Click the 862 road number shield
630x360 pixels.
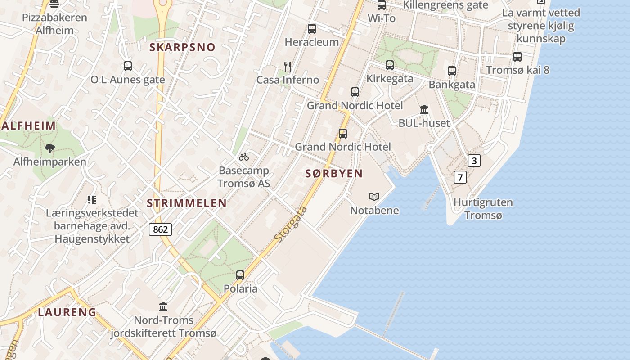[x=160, y=229]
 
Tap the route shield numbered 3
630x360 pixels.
[x=474, y=161]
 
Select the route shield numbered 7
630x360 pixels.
[x=459, y=177]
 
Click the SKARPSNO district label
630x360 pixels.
[x=182, y=47]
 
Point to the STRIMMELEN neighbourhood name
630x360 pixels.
[x=187, y=203]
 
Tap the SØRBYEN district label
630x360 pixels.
[x=334, y=174]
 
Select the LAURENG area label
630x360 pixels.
[x=67, y=312]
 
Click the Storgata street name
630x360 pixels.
[x=291, y=224]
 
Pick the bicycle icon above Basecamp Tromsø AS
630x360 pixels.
[x=244, y=157]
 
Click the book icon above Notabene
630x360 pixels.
[x=374, y=197]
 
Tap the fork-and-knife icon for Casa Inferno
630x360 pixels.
[x=288, y=67]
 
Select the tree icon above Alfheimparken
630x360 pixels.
[x=50, y=148]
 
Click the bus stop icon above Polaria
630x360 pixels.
[x=240, y=275]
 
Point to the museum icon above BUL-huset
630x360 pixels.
[x=424, y=109]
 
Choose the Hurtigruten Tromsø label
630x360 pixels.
[x=483, y=209]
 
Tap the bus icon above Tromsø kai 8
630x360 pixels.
[x=517, y=57]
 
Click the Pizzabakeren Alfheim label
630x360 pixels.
[x=54, y=24]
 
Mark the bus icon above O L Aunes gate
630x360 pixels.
[x=128, y=66]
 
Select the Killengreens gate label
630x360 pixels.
[x=445, y=5]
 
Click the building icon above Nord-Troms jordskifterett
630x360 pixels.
[x=163, y=307]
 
